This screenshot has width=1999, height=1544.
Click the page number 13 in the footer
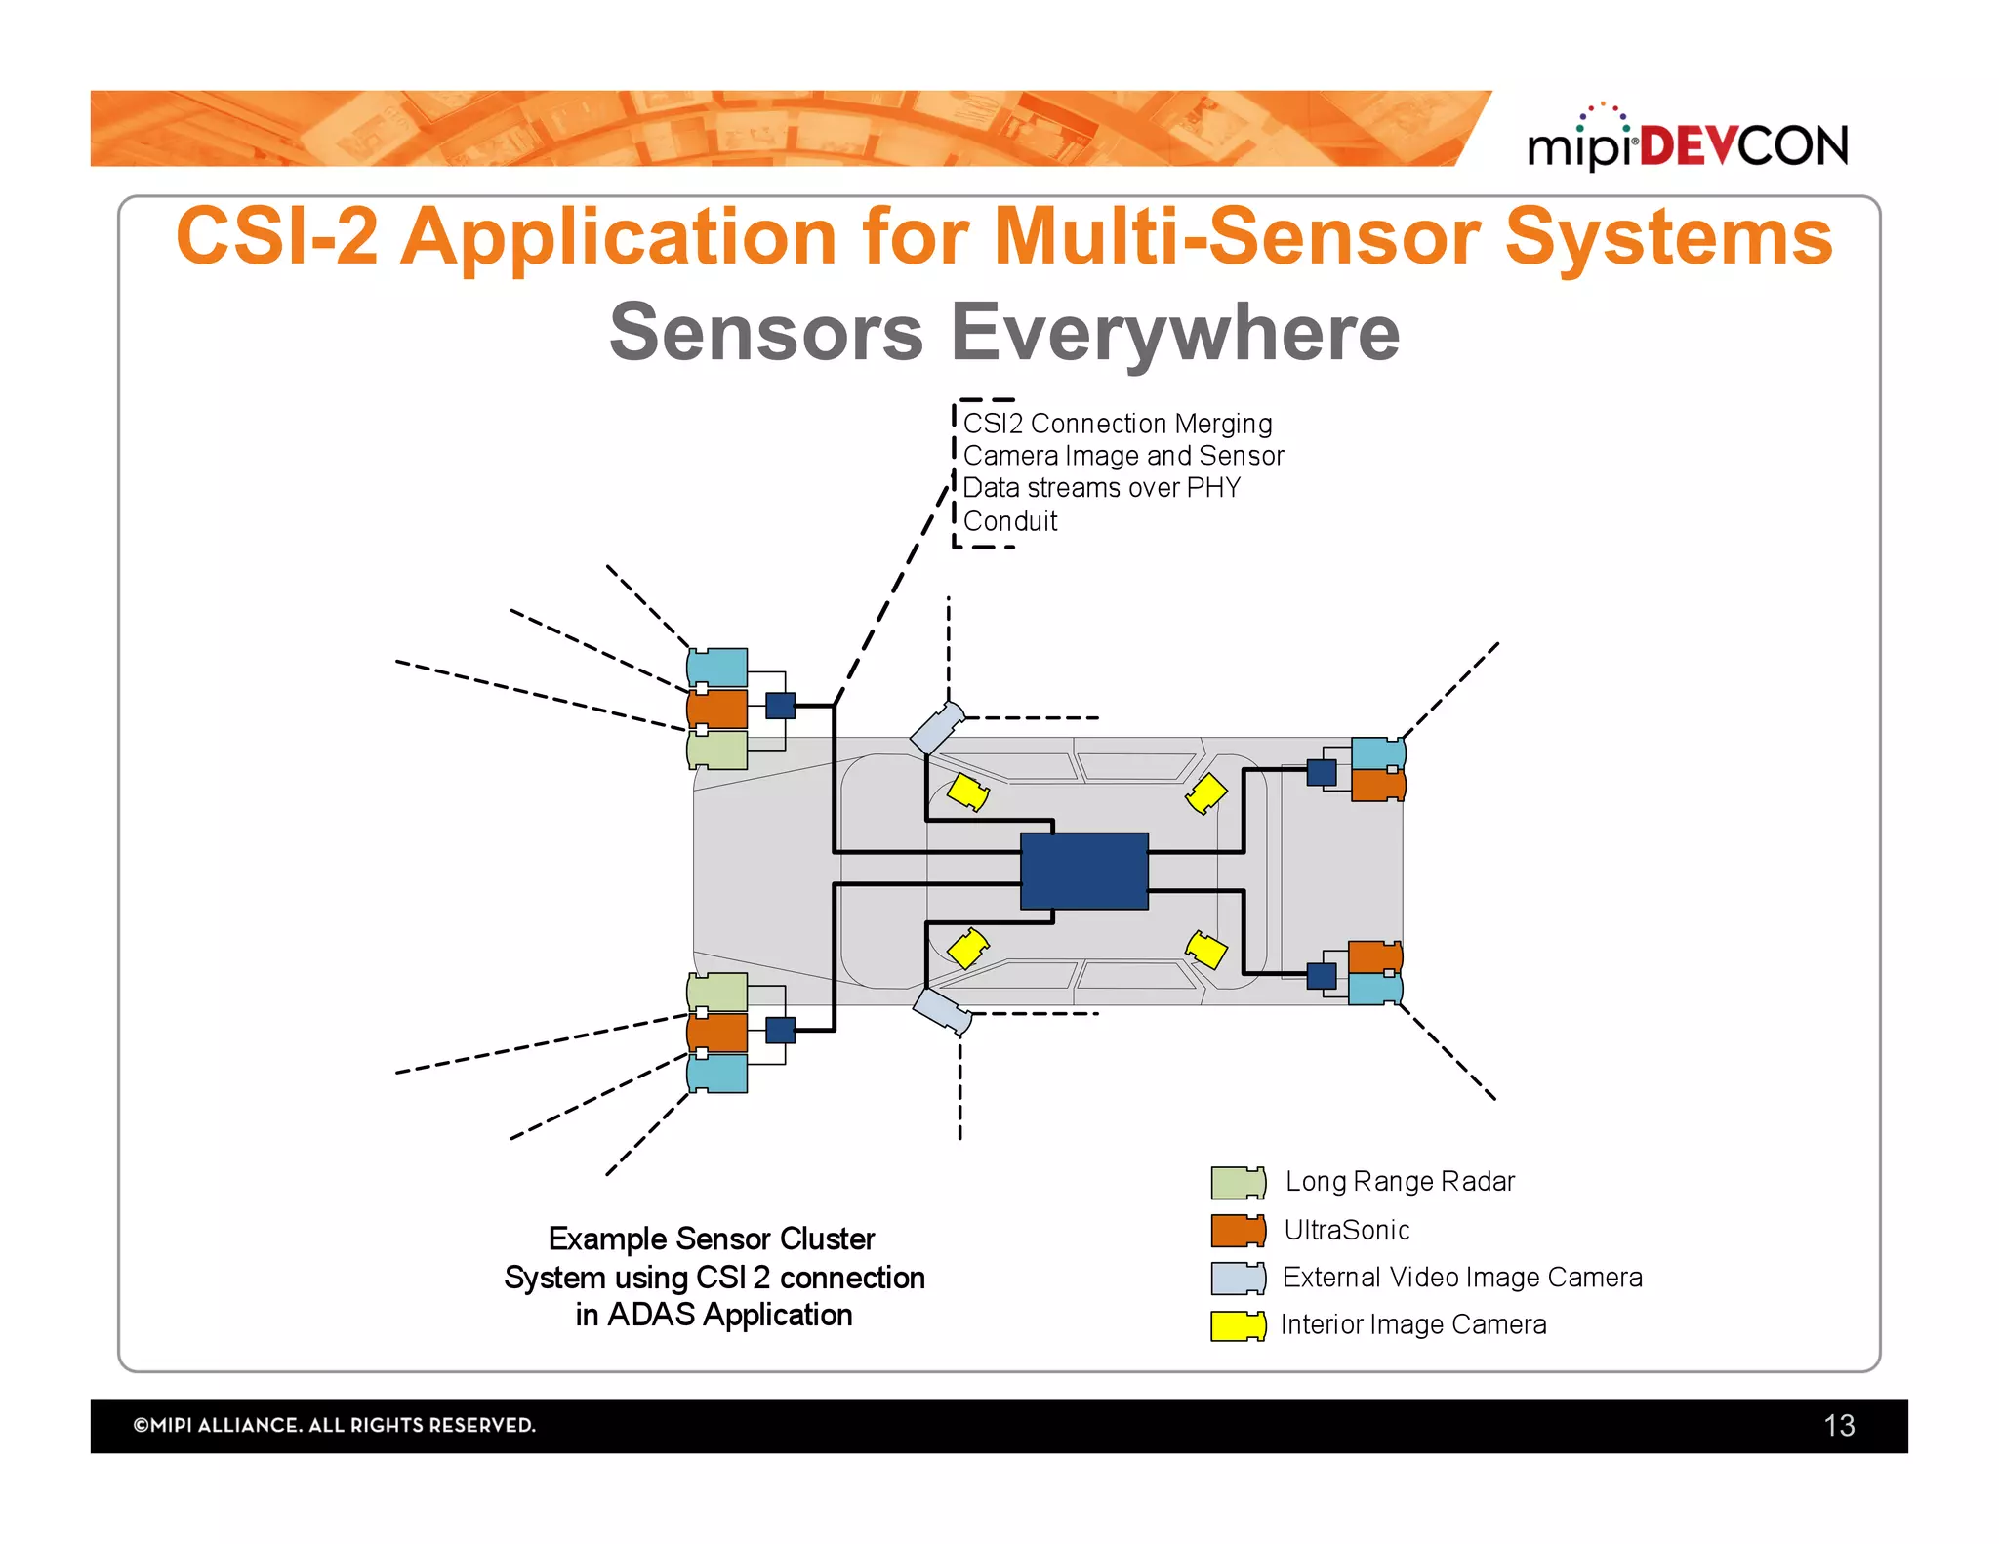tap(1839, 1426)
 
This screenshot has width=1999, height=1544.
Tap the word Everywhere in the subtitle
tap(1175, 333)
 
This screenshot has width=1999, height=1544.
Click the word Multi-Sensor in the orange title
tap(1238, 237)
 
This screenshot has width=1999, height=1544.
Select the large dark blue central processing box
tap(1083, 871)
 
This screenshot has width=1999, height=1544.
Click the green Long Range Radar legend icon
tap(1238, 1182)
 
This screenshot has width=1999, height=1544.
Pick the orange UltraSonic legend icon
tap(1238, 1231)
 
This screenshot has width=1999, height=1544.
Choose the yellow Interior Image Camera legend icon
tap(1238, 1325)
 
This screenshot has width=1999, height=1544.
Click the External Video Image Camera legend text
tap(1461, 1278)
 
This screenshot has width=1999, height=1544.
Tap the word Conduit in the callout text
tap(1009, 521)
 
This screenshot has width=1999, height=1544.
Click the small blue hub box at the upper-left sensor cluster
tap(780, 706)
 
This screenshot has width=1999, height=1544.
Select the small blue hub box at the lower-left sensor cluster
tap(780, 1030)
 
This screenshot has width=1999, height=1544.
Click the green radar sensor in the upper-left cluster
tap(717, 751)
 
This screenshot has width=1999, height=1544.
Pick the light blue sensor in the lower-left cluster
tap(717, 1074)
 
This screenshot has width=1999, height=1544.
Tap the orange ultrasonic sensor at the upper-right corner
tap(1377, 785)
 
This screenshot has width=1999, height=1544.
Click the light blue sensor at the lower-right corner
tap(1374, 989)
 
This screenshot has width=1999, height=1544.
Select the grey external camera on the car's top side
tap(937, 728)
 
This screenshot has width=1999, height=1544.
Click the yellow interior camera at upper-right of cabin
tap(1206, 793)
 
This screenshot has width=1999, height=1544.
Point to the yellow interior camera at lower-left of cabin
tap(968, 948)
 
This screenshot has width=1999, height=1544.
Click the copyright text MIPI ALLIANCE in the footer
tap(334, 1425)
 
